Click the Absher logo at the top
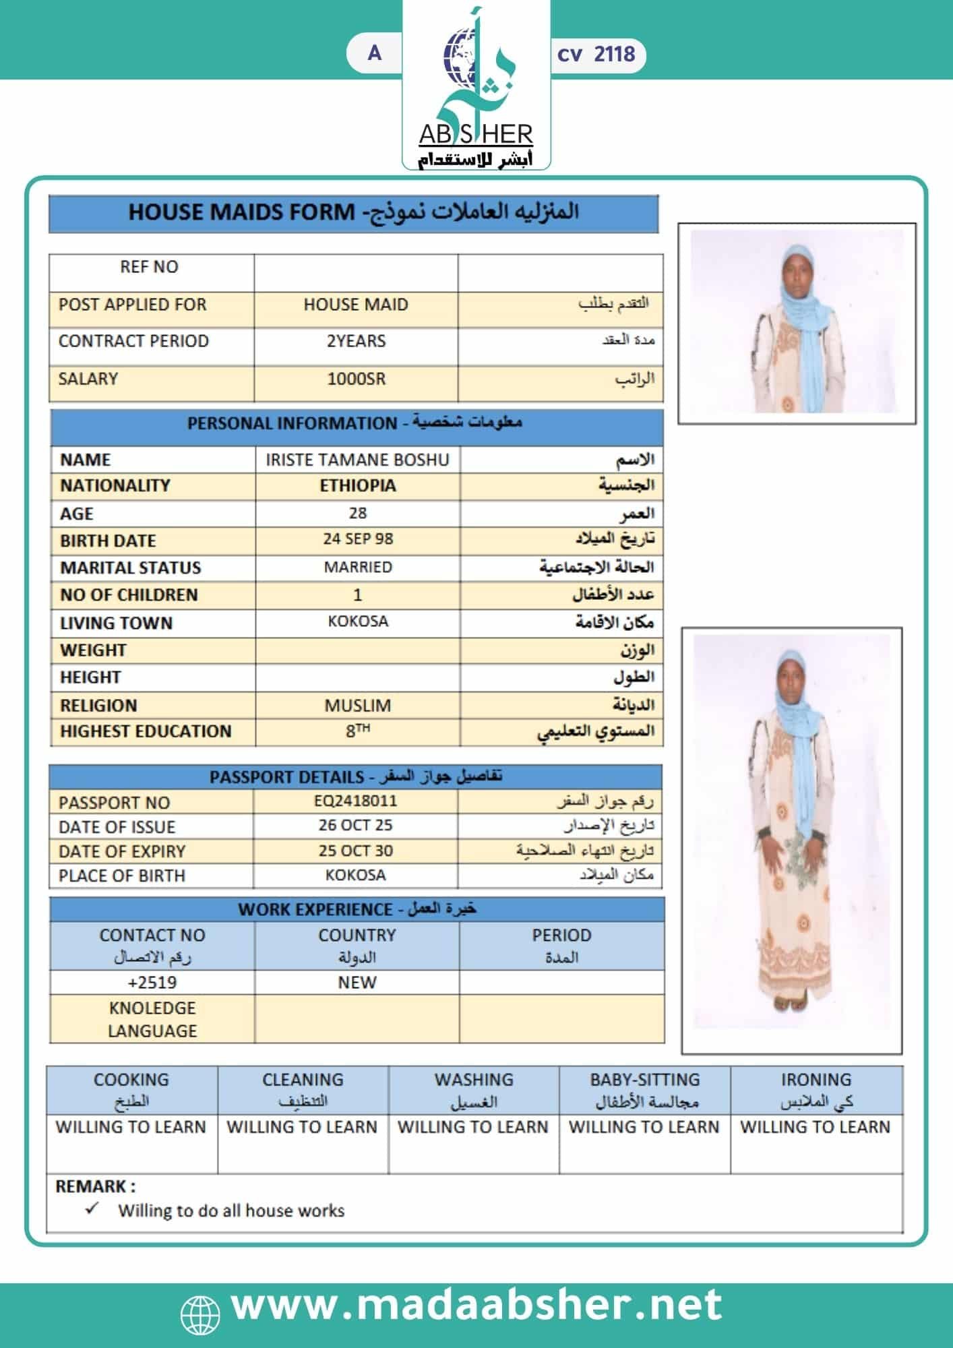[x=476, y=88]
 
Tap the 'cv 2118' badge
[x=596, y=54]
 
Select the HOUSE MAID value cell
[x=356, y=305]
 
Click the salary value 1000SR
[x=356, y=379]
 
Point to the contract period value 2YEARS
[x=356, y=341]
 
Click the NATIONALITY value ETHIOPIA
[x=358, y=486]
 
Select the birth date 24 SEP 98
[x=358, y=539]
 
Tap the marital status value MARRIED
[x=358, y=567]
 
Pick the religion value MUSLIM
[x=358, y=706]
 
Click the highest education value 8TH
[x=358, y=731]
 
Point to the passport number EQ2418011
[x=356, y=801]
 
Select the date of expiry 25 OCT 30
[x=356, y=851]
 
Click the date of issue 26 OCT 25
[x=356, y=826]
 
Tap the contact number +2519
[x=152, y=982]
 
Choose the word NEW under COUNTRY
[x=357, y=982]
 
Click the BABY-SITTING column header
[x=645, y=1089]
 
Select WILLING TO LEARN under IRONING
[x=816, y=1127]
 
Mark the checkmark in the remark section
[x=92, y=1208]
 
